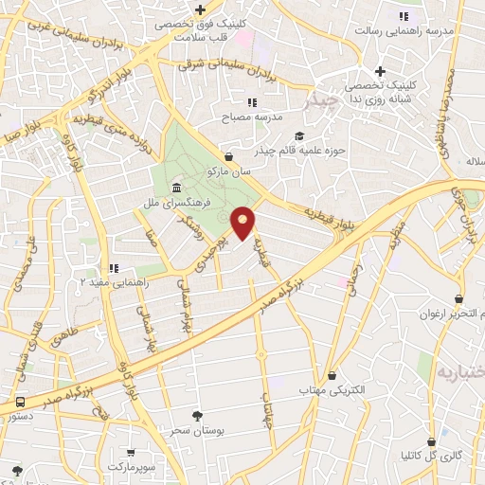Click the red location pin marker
[x=243, y=223]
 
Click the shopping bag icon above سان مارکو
[x=228, y=156]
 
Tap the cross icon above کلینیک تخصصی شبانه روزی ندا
[x=380, y=71]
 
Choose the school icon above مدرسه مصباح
[x=252, y=101]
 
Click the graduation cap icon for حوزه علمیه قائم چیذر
[x=300, y=135]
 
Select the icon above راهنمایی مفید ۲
[x=114, y=268]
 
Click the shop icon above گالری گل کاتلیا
[x=431, y=441]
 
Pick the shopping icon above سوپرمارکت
[x=132, y=453]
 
